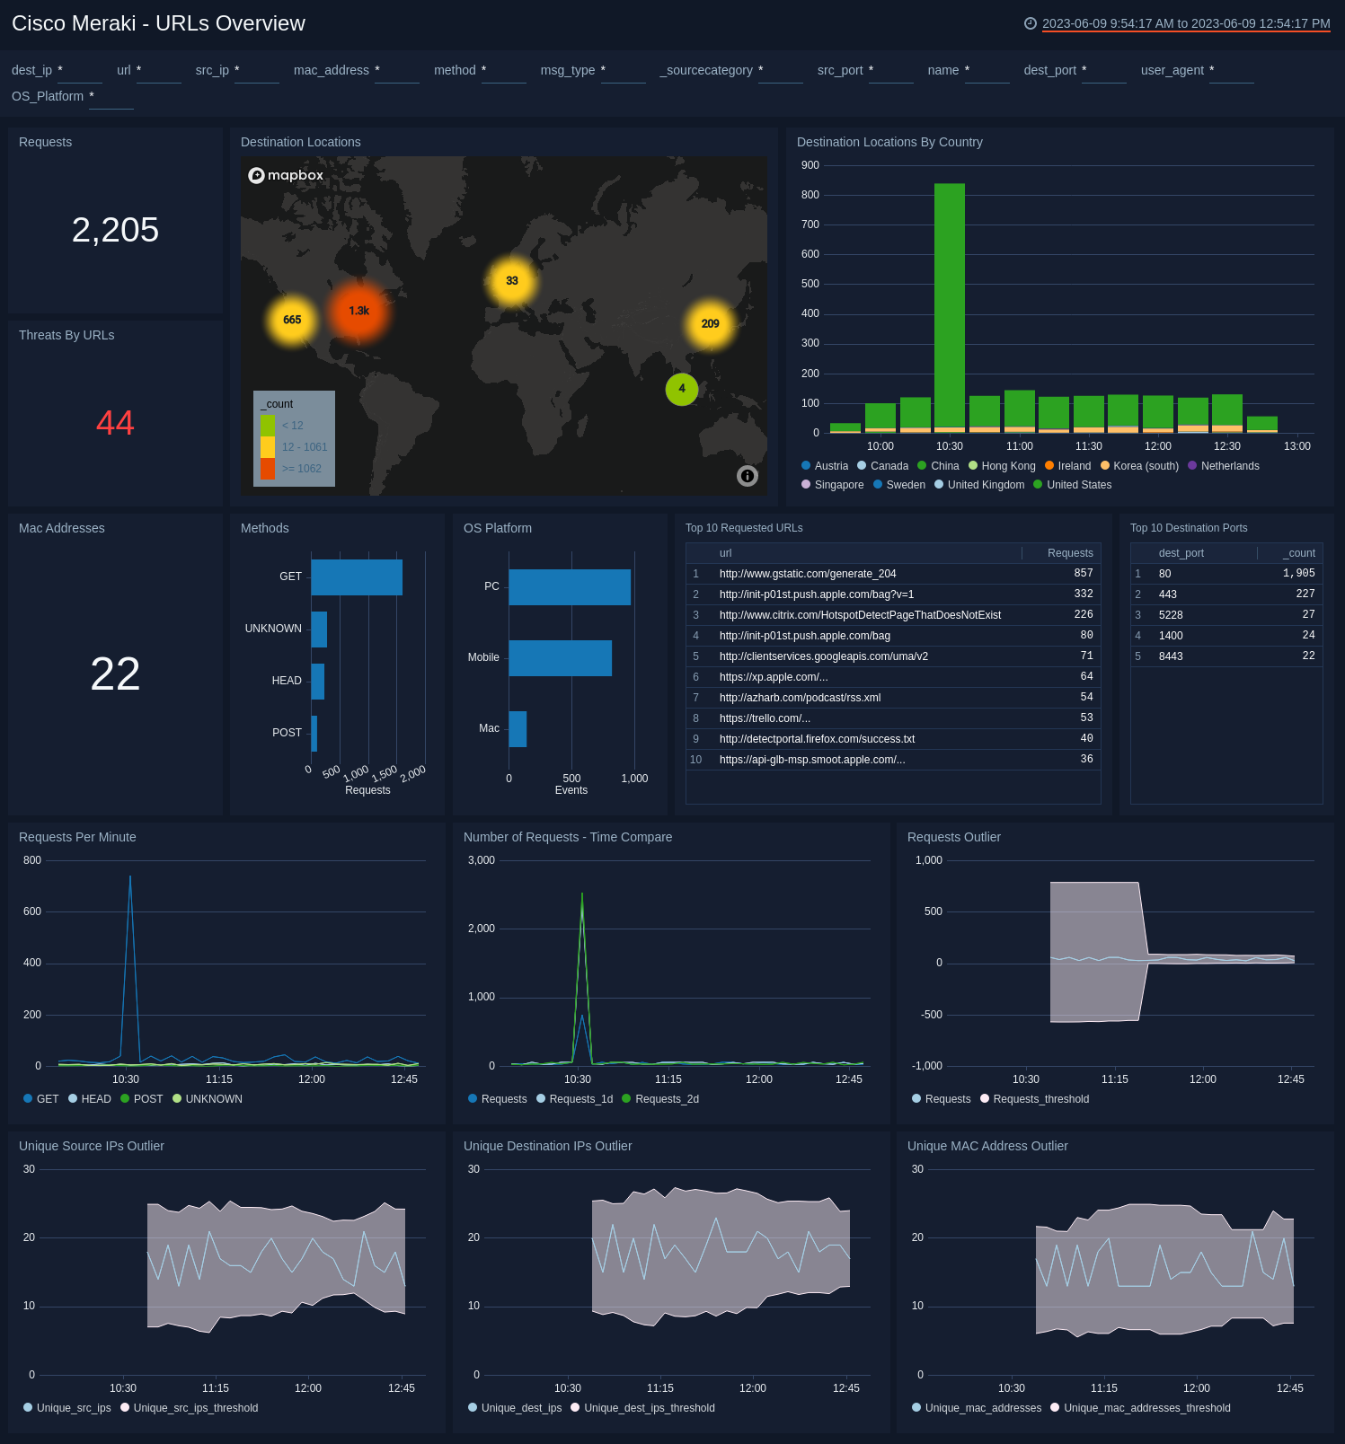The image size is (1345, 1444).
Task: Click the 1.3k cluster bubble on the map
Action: click(358, 311)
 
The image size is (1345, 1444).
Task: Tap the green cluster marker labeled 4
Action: click(682, 389)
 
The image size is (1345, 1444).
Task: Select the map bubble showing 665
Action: click(292, 320)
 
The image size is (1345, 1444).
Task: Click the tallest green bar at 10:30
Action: click(950, 305)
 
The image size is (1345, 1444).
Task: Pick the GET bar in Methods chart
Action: click(357, 577)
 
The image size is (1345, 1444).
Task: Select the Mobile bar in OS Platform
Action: click(560, 658)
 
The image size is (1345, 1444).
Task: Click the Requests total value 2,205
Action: click(115, 230)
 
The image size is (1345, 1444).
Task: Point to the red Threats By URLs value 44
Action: click(115, 423)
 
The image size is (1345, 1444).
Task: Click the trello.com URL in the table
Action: click(765, 718)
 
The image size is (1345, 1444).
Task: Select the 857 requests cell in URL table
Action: click(1083, 573)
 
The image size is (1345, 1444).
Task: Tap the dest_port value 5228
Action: click(1170, 615)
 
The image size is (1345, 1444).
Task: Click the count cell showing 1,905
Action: click(1298, 573)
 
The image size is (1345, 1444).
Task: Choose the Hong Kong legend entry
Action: click(1007, 466)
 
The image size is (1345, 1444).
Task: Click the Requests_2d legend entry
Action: click(666, 1099)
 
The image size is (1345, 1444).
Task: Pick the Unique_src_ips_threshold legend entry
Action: click(195, 1408)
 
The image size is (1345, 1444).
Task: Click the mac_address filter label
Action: click(331, 70)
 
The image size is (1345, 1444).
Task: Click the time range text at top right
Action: click(1185, 23)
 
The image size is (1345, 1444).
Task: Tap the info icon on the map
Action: click(748, 476)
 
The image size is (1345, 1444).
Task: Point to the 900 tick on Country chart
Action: click(810, 165)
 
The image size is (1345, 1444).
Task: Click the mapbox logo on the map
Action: click(286, 175)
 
